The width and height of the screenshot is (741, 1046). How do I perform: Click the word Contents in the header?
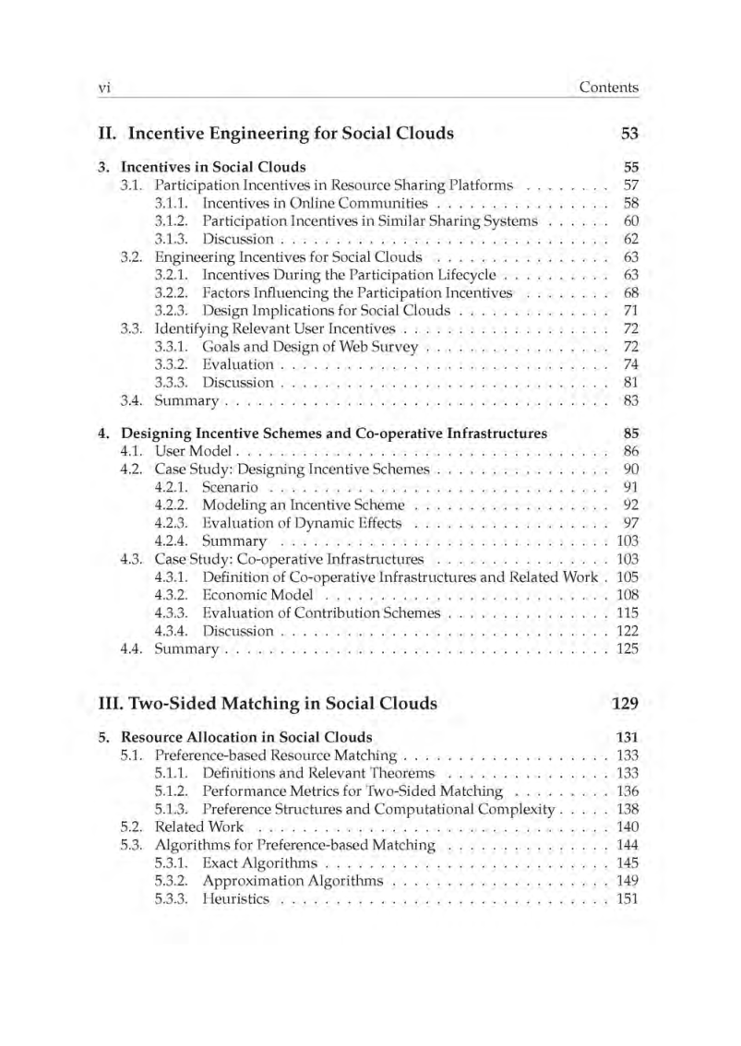pyautogui.click(x=608, y=88)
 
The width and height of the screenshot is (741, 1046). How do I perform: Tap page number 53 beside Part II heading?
pyautogui.click(x=630, y=133)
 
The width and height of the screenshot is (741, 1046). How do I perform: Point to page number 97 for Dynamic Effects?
pyautogui.click(x=631, y=523)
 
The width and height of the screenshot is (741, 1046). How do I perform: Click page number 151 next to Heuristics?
pyautogui.click(x=627, y=899)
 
